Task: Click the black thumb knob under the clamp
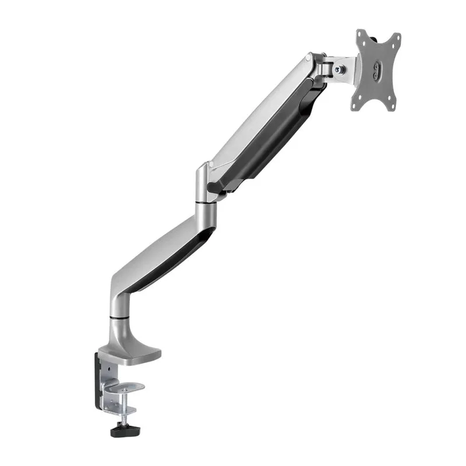pyautogui.click(x=123, y=431)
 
